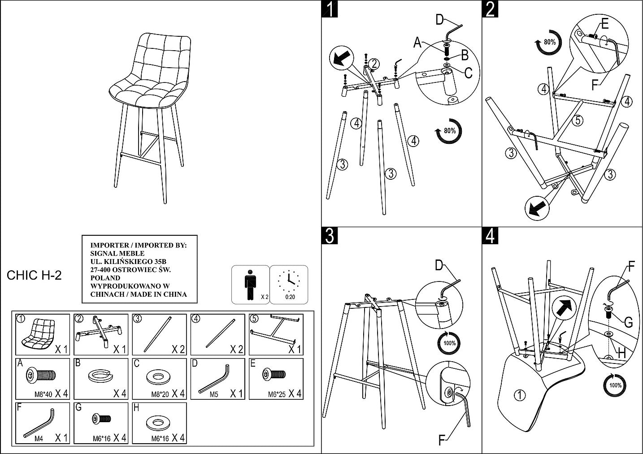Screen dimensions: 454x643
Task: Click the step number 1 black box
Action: click(x=330, y=9)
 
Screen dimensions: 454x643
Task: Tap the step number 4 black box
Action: click(x=490, y=236)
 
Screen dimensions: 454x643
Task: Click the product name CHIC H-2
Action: click(x=34, y=276)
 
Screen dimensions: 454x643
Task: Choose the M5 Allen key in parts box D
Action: click(x=214, y=379)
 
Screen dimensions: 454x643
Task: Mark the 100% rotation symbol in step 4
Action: click(x=615, y=385)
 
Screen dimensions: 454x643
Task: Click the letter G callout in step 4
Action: click(x=628, y=323)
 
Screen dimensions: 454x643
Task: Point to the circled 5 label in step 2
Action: click(x=578, y=120)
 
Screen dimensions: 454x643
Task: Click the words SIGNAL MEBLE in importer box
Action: click(x=111, y=253)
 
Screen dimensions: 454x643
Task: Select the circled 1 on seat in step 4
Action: click(x=519, y=395)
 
